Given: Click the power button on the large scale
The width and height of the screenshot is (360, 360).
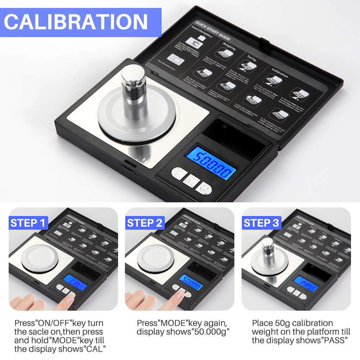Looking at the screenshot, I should point(206,188).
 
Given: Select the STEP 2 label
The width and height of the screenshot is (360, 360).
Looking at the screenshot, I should point(145,223).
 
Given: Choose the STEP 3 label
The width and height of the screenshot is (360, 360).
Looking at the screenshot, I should point(261,223).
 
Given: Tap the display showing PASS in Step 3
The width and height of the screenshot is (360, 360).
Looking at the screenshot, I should point(307,287).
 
